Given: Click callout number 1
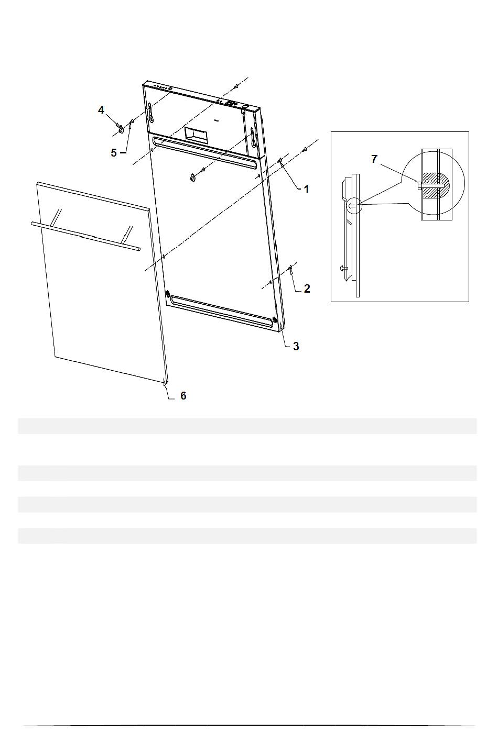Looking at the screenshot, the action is coord(307,189).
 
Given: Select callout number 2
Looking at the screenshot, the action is coord(307,289).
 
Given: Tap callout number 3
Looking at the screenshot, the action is coord(296,346).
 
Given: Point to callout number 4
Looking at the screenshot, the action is coord(101,110).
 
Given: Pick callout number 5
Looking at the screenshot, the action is coord(114,153).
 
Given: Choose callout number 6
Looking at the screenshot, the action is coord(183,395).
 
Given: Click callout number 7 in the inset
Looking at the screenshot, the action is coord(374,160).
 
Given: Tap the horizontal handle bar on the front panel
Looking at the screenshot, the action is coord(86,236).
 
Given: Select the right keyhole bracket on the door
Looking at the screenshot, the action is coord(254,138).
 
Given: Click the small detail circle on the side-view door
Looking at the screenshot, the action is coord(354,206).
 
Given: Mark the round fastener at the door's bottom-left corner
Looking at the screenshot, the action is coord(168,294).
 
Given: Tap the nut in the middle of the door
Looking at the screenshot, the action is coord(192,178).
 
